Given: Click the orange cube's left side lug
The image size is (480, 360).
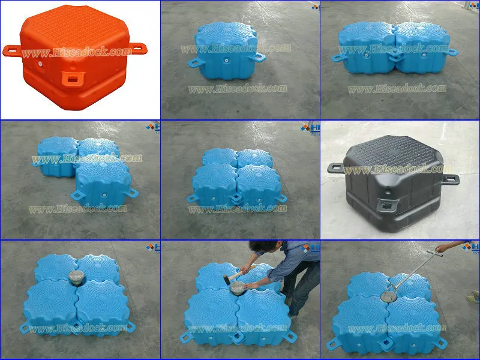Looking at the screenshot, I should (11, 50).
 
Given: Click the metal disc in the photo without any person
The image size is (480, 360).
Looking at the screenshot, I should (76, 277).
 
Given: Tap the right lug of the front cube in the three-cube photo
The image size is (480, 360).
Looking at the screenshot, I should (131, 193).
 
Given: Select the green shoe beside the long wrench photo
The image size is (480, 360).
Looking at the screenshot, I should (475, 294).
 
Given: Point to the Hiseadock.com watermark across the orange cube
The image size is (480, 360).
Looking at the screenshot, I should (76, 52).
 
